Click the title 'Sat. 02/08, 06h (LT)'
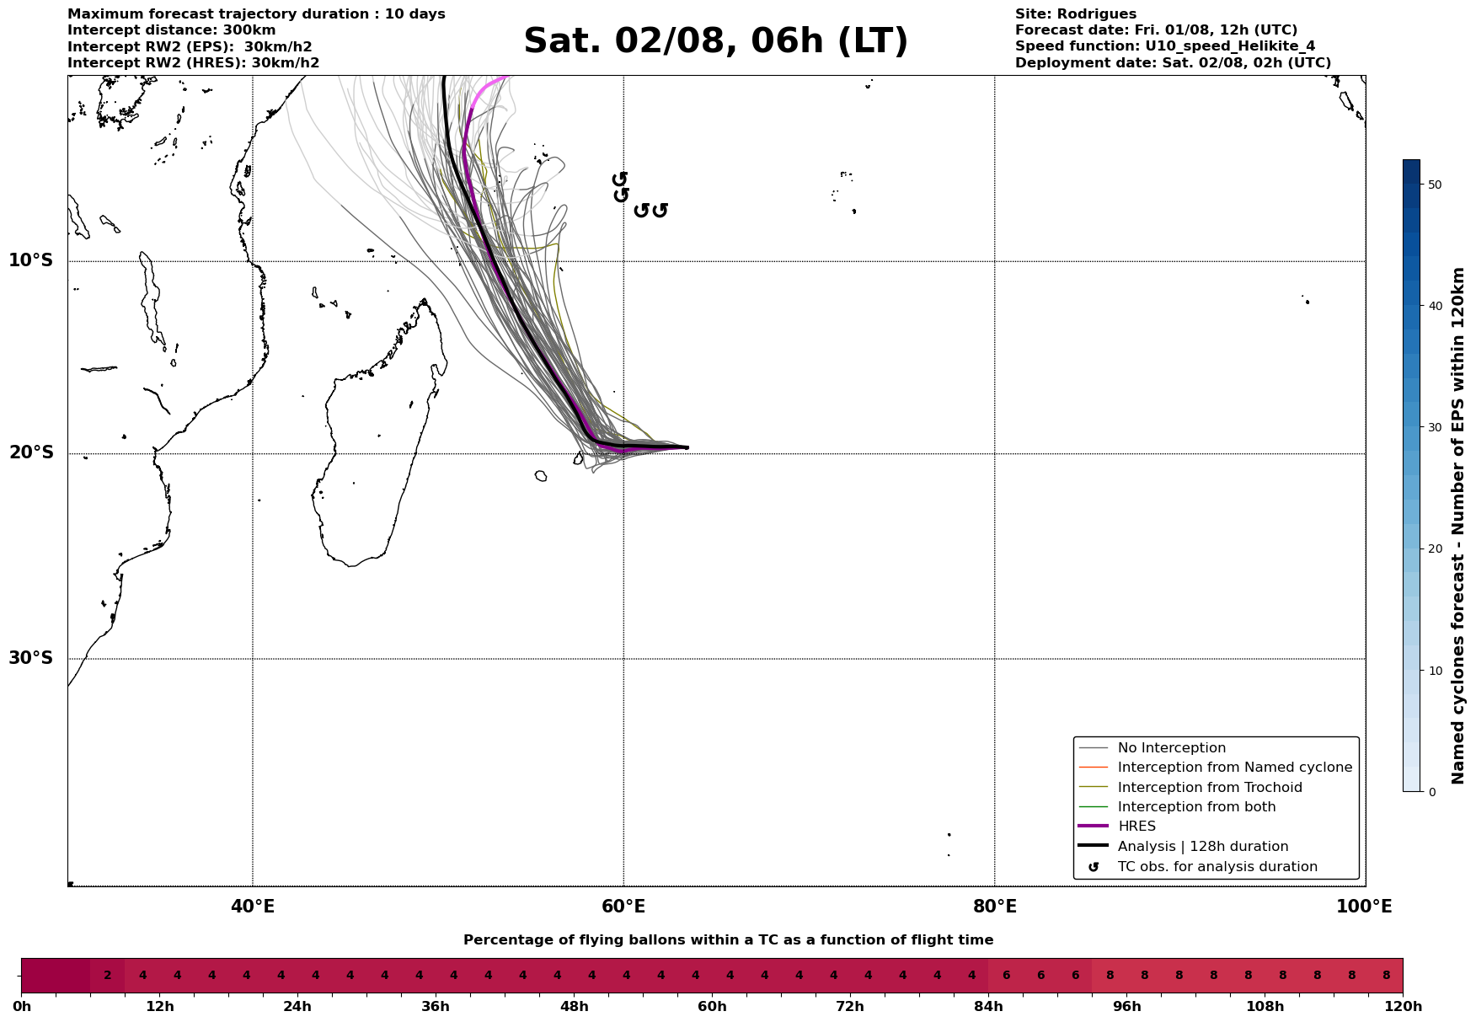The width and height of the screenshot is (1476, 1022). [715, 41]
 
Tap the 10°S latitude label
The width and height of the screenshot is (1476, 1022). [31, 260]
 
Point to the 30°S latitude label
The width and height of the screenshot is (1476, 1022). [31, 658]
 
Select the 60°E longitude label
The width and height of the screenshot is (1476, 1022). [623, 907]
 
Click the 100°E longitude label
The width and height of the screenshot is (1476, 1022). [1364, 907]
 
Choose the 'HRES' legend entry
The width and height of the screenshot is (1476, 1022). [1136, 827]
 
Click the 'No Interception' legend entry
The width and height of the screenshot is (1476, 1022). [1171, 748]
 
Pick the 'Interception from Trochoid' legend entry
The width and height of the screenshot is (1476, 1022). [1209, 788]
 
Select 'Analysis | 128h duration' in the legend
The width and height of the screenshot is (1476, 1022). [1202, 847]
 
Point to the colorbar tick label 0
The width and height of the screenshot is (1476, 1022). [1429, 792]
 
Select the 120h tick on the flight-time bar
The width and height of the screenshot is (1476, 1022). [1403, 1007]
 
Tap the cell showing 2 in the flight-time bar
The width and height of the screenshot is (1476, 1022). [107, 976]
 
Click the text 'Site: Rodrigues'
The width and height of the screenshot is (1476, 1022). [1075, 14]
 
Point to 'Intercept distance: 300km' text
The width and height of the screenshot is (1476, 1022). [171, 30]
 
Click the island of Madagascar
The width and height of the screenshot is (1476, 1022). [371, 455]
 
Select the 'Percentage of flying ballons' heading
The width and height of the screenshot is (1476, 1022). [728, 940]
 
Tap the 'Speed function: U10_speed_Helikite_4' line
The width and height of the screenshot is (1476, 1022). [1164, 46]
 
